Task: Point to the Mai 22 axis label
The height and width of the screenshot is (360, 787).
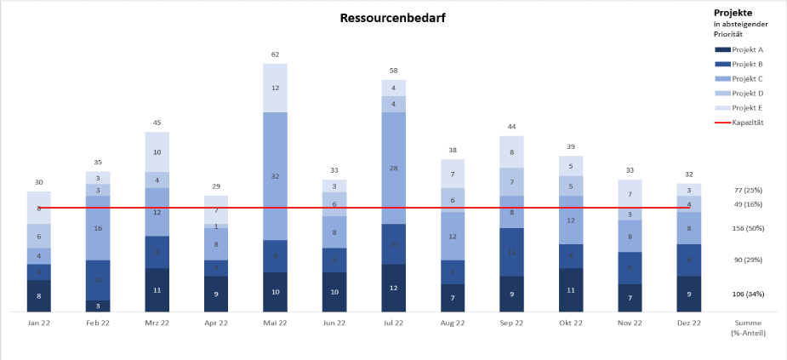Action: tap(275, 323)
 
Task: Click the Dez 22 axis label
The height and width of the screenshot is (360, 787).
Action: tap(689, 323)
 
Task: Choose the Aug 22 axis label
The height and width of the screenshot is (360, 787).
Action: tap(453, 323)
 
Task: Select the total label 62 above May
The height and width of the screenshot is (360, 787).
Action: tap(275, 54)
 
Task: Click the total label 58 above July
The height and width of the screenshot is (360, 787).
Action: tap(393, 71)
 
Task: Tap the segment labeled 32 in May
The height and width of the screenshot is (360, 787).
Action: tap(275, 176)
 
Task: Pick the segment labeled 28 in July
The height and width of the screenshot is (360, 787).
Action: tap(393, 169)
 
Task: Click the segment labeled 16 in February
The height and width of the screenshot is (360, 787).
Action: tap(98, 228)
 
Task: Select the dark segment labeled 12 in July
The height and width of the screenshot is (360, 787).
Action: tap(393, 288)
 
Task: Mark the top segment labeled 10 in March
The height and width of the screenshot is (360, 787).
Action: tap(157, 152)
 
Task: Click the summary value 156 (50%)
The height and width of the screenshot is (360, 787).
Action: tap(749, 228)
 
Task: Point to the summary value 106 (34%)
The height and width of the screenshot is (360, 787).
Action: tap(749, 294)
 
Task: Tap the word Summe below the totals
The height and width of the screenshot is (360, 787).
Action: tap(749, 323)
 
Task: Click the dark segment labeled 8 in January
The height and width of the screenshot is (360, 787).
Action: tap(38, 296)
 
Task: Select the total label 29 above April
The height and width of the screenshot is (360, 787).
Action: tap(216, 186)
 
